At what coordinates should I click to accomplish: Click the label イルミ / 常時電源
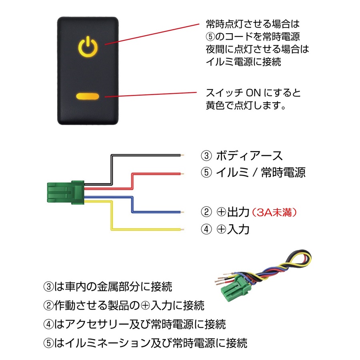tap(260, 173)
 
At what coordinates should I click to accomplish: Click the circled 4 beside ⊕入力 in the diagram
tap(206, 230)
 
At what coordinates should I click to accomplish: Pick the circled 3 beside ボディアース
tap(206, 156)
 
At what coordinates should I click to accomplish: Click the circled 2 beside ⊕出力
tap(206, 212)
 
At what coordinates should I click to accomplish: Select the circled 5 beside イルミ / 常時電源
tap(206, 173)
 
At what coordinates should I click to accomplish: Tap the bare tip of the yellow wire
tap(182, 230)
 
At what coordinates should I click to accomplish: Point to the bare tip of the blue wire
tap(182, 212)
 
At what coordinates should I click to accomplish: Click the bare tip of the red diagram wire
tap(182, 173)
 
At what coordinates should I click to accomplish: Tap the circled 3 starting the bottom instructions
tap(48, 287)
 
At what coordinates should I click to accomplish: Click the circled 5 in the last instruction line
tap(48, 343)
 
